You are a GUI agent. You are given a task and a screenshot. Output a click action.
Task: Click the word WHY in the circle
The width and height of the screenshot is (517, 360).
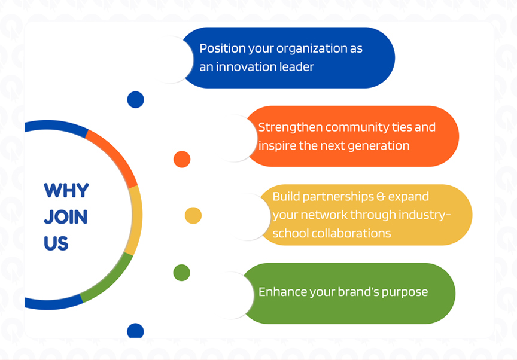(66, 191)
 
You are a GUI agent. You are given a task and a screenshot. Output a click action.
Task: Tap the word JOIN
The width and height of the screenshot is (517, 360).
(65, 216)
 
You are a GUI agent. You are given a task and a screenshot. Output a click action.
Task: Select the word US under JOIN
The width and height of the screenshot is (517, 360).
(56, 243)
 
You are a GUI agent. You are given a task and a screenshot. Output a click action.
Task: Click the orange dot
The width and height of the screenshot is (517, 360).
(182, 160)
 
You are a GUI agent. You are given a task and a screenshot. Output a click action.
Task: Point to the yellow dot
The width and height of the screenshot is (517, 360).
(193, 215)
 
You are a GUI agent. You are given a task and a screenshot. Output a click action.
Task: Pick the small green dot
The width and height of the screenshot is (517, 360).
(181, 273)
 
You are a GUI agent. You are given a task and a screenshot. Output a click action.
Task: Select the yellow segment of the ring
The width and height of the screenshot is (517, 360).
(135, 218)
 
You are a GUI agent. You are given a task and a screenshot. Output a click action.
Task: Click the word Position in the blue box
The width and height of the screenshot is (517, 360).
(221, 48)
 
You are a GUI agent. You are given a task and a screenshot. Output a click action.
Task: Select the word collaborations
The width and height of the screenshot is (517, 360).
(351, 233)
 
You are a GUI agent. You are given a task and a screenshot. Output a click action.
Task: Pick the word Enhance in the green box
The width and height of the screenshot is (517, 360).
(282, 292)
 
